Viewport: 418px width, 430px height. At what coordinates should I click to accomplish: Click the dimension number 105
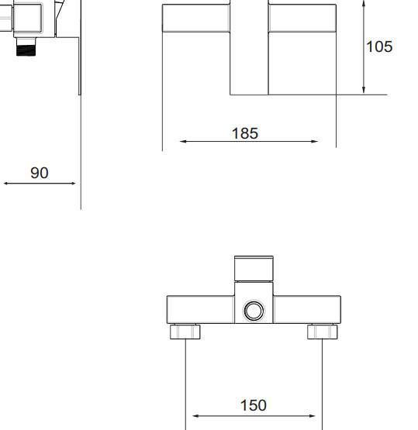pyautogui.click(x=379, y=46)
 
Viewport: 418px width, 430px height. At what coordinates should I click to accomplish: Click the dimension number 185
pyautogui.click(x=245, y=133)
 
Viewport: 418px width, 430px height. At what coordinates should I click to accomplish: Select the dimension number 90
pyautogui.click(x=40, y=173)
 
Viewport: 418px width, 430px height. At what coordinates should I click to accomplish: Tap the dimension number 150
pyautogui.click(x=254, y=405)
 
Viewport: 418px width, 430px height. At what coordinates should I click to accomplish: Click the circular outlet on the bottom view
pyautogui.click(x=254, y=311)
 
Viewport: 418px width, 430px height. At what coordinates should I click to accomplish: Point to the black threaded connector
pyautogui.click(x=26, y=50)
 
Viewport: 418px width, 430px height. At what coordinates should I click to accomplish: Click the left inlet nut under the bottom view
pyautogui.click(x=185, y=332)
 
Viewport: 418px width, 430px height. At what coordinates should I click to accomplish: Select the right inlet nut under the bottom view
pyautogui.click(x=322, y=332)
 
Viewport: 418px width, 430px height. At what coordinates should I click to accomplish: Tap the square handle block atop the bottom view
pyautogui.click(x=254, y=269)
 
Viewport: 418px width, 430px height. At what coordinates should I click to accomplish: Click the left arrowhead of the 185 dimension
pyautogui.click(x=183, y=141)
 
